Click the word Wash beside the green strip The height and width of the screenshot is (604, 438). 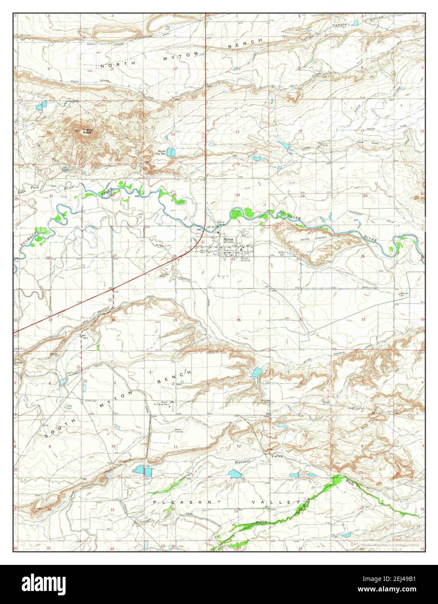[350, 481]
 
